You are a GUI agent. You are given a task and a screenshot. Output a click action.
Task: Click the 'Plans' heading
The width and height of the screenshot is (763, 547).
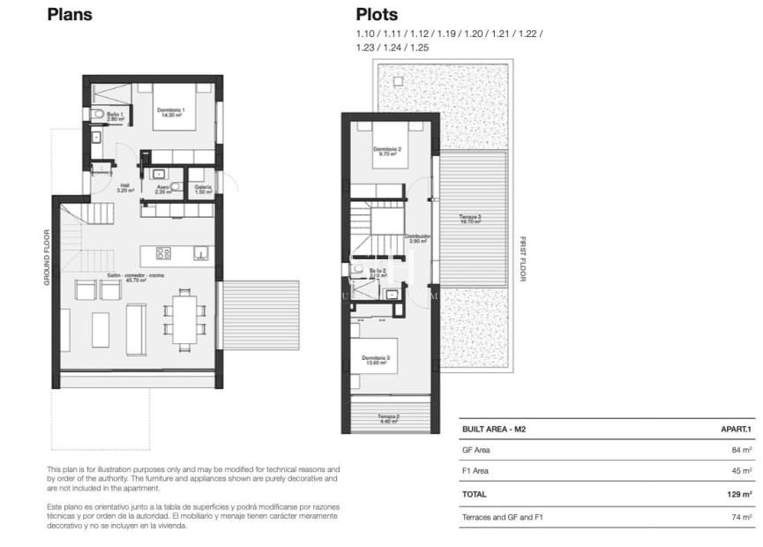point(70,14)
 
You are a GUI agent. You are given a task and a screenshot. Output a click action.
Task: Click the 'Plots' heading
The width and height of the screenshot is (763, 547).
point(377,14)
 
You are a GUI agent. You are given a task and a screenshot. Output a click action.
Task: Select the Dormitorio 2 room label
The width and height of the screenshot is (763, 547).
point(387,152)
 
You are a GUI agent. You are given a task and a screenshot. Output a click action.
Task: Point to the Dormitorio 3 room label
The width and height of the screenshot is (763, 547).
point(376,359)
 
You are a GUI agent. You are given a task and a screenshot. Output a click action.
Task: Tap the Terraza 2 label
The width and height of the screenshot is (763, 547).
point(390,418)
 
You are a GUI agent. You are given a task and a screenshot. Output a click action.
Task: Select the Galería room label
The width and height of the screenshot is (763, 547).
point(204,188)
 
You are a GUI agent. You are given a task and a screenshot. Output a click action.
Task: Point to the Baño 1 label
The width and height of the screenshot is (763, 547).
point(113,116)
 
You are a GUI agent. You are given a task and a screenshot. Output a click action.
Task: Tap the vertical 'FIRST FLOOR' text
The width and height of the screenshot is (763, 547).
point(522,259)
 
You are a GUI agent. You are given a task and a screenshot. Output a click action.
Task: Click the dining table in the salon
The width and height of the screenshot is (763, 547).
point(185,318)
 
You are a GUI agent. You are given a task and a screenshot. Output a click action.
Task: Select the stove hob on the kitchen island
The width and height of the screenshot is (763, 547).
point(163,254)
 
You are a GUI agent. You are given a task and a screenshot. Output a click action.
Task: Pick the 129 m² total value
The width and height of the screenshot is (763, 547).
point(740,494)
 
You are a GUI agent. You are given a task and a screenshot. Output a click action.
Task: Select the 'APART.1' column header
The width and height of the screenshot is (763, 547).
point(736,430)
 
